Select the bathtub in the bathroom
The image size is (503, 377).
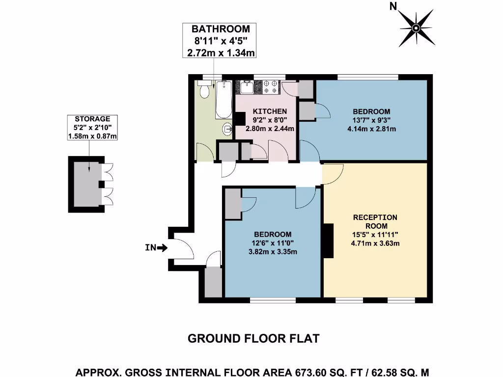(x=224, y=100)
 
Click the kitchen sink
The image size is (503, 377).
(x=247, y=87)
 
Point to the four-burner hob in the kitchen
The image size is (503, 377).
(x=270, y=87)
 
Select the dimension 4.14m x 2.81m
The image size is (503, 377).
(x=372, y=129)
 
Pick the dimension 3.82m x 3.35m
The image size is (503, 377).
(x=273, y=252)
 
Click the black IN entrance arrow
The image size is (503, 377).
(x=162, y=248)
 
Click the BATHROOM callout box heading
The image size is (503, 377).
(x=221, y=29)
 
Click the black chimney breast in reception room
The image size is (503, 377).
(x=328, y=241)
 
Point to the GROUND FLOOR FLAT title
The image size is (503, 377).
(x=253, y=339)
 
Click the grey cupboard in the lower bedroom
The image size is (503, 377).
(x=232, y=204)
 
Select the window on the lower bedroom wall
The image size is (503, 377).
(x=273, y=299)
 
